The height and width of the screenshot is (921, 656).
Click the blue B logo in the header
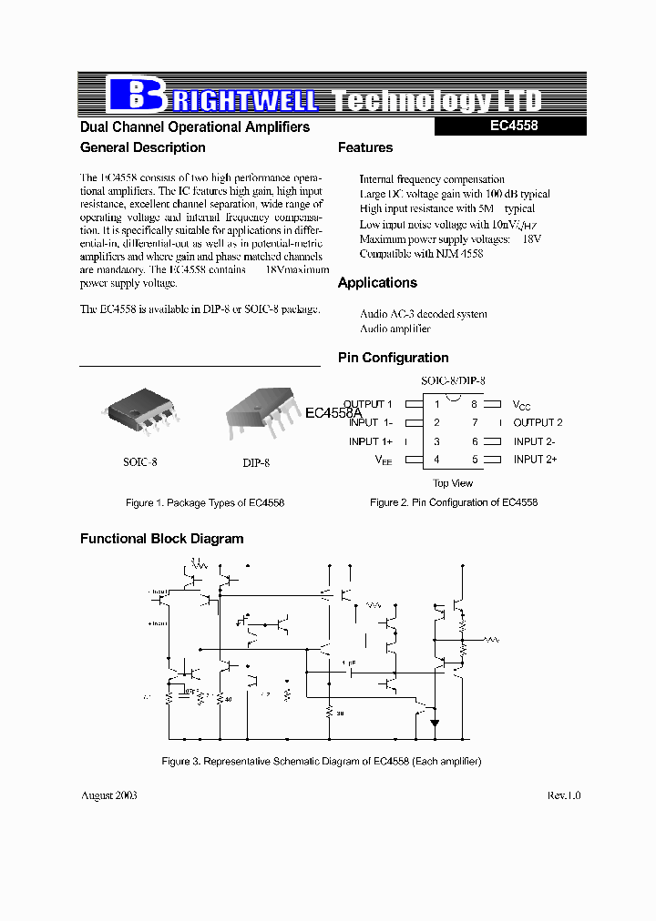point(135,95)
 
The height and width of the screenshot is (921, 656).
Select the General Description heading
point(143,147)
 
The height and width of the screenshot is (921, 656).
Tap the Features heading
point(365,147)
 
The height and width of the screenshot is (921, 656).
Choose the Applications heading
point(377,283)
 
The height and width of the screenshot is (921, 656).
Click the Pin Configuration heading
point(394,358)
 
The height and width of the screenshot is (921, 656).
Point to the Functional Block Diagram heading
point(162,539)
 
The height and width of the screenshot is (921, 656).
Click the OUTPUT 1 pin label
point(368,404)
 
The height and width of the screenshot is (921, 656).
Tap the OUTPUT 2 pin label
point(538,422)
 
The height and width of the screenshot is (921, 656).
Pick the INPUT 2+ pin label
point(535,460)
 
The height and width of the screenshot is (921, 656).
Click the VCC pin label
point(521,405)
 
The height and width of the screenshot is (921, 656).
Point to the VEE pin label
point(384,460)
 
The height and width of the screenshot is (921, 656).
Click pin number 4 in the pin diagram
point(436,460)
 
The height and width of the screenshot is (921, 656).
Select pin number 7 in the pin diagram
point(474,422)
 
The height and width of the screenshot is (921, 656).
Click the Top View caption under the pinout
point(453,483)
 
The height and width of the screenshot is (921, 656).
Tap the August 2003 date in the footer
point(109,795)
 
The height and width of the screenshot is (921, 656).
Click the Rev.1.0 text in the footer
point(564,795)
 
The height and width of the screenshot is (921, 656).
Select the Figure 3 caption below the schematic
point(321,761)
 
